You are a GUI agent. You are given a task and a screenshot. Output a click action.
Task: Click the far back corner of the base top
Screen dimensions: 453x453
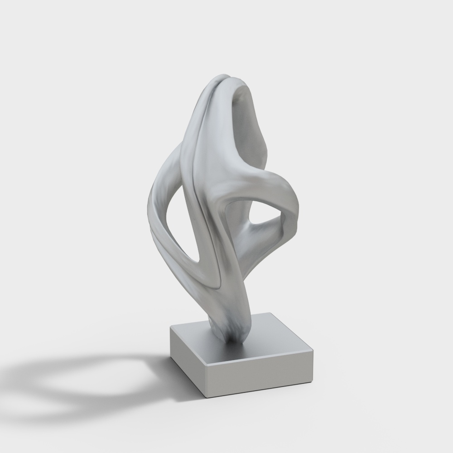tap(270, 313)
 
